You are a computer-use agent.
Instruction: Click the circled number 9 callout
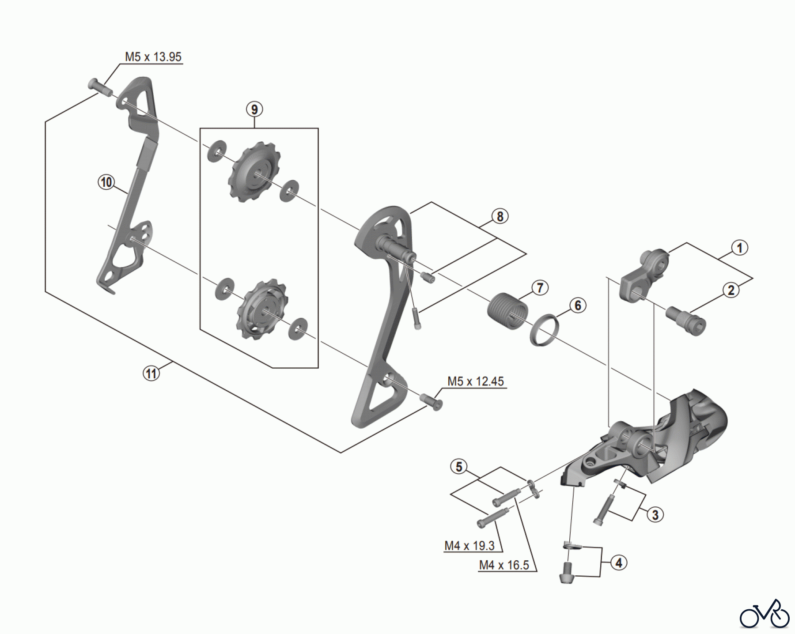coord(254,109)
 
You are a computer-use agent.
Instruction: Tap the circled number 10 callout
coord(106,182)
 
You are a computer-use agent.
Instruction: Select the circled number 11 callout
coord(151,374)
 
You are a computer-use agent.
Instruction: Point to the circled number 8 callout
coord(500,216)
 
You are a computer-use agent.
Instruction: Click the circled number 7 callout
coord(540,288)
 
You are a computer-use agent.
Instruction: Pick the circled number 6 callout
coord(578,305)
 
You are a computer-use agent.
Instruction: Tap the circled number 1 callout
coord(740,247)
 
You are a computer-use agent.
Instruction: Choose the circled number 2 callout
coord(731,290)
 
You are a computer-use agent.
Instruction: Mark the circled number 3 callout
coord(655,514)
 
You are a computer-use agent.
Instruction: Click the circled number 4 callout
coord(619,563)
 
